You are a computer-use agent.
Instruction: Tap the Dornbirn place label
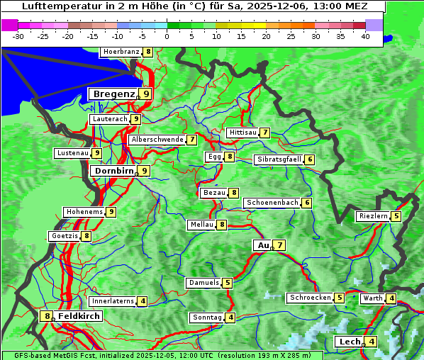coord(113,171)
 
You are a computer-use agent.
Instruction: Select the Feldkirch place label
coord(79,316)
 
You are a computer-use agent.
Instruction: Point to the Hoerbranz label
coord(121,52)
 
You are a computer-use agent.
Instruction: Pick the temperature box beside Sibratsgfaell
coord(310,159)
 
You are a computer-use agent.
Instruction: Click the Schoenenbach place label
coord(272,203)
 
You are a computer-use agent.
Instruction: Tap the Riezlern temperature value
coord(396,216)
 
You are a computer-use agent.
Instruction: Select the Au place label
coord(263,245)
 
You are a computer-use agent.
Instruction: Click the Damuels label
coord(203,283)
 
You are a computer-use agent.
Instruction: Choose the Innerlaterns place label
coord(113,301)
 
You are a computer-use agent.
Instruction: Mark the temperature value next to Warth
coord(391,298)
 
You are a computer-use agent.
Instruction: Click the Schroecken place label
coord(310,298)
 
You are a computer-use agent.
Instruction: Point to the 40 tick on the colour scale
coord(365,35)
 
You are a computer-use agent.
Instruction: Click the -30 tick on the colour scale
coord(19,35)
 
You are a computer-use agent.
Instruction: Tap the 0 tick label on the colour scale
coord(167,35)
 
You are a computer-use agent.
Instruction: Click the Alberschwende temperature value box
coord(192,140)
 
